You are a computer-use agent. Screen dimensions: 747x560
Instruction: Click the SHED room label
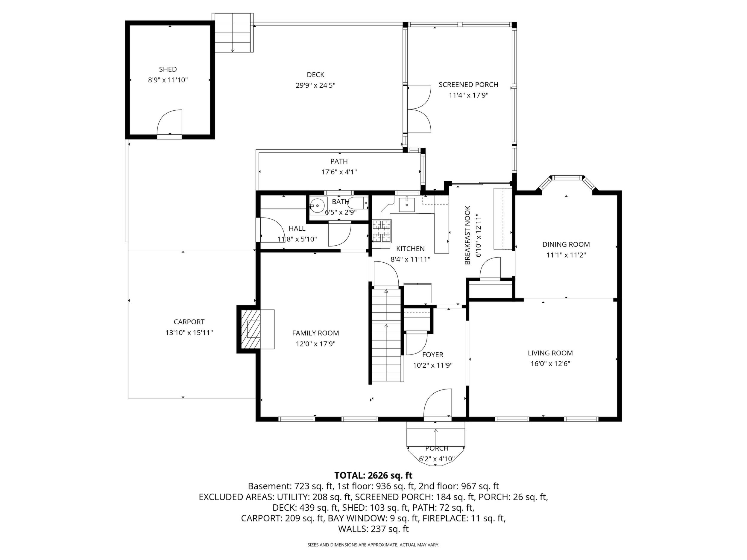point(168,69)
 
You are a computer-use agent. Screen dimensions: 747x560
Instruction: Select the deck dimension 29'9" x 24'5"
point(315,85)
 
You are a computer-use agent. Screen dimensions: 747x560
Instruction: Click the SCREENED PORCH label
point(468,85)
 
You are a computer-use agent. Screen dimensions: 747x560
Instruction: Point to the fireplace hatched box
point(250,329)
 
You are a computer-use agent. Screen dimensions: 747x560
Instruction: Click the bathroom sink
point(318,205)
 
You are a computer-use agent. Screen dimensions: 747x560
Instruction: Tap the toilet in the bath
point(358,203)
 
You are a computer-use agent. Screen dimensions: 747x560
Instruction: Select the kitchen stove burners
point(382,231)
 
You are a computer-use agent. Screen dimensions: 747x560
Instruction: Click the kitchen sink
point(407,205)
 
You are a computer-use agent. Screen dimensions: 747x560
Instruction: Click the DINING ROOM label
point(566,244)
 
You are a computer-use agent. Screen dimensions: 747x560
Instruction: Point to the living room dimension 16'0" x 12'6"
point(550,364)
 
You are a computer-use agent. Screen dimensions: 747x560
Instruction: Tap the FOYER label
point(432,355)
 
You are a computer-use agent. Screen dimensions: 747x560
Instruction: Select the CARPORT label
point(189,322)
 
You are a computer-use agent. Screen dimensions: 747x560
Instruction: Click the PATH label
point(339,161)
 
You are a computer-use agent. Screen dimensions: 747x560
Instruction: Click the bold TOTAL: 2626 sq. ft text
point(373,476)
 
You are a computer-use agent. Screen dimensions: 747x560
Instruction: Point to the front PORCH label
point(437,448)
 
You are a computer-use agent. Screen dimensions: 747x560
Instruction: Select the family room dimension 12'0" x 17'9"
point(315,344)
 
